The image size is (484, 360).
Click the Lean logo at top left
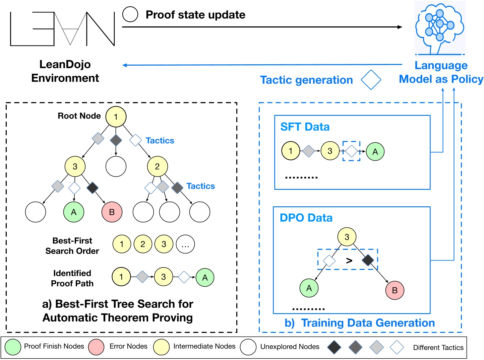pos(62,29)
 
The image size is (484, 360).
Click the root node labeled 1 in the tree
pos(116,117)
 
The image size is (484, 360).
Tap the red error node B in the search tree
pos(112,212)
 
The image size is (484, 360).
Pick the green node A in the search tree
pos(74,212)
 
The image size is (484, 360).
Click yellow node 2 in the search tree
pos(157,166)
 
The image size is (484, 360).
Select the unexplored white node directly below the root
pos(116,166)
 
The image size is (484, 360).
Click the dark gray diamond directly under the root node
pos(116,140)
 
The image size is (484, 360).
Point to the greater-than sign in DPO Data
pos(349,260)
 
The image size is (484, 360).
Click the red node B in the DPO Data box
pos(395,290)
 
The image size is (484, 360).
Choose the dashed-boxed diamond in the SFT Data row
pos(351,151)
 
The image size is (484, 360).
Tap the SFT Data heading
pos(305,127)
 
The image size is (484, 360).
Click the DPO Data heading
pos(306,218)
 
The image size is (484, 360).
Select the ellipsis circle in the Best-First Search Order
pos(185,244)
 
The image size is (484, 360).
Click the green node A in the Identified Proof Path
pos(205,277)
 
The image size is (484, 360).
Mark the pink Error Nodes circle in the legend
pos(96,347)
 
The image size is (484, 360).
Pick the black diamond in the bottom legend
pos(334,347)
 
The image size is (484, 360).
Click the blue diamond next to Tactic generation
pos(371,80)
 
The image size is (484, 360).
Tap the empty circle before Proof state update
pos(130,14)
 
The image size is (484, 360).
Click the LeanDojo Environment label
pos(65,71)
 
